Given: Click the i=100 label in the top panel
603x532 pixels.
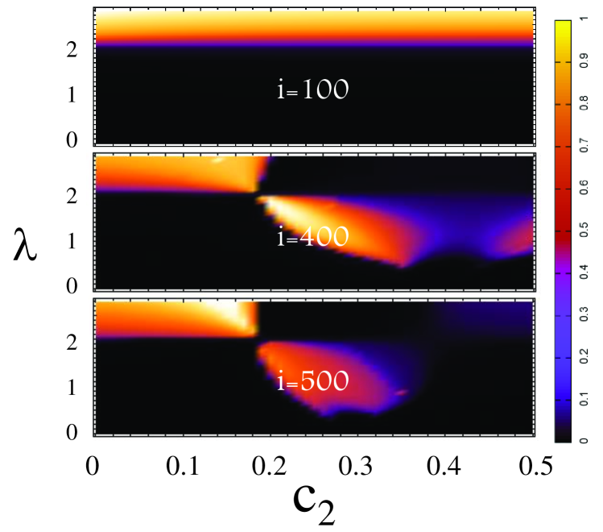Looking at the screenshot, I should pos(312,89).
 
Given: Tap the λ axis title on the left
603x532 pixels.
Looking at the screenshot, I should pos(26,242).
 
